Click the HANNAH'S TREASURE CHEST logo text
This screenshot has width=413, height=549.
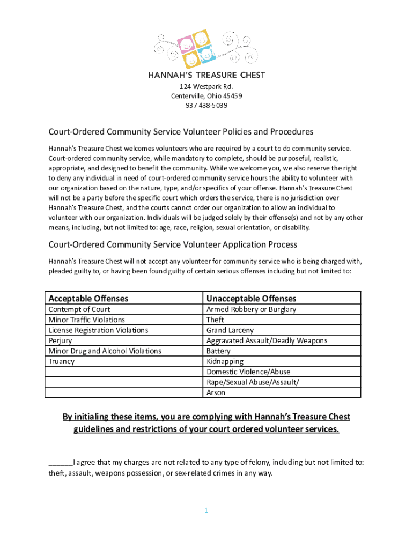click(206, 75)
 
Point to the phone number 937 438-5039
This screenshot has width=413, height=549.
click(206, 106)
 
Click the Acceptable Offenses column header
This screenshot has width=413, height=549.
click(88, 298)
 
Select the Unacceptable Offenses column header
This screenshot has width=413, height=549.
click(251, 298)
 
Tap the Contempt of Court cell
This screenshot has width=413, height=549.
click(79, 309)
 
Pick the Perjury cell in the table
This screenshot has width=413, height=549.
click(60, 340)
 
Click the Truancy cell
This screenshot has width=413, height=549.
click(62, 361)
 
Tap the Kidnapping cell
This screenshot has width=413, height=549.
click(225, 361)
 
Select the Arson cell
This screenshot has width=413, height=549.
click(216, 392)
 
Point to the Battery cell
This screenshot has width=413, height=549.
click(218, 351)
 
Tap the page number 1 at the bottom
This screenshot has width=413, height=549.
click(205, 510)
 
